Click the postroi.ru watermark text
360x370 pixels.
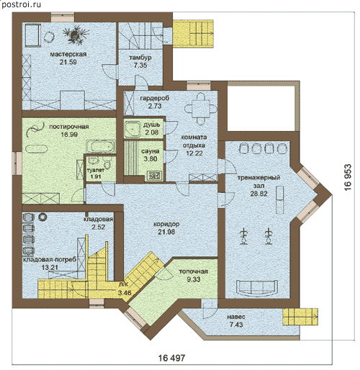21,4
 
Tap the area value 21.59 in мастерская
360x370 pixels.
68,62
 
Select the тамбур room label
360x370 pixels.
140,58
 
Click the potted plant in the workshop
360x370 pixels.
76,35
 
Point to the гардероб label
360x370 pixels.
155,98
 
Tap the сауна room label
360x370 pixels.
150,151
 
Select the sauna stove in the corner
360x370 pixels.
153,176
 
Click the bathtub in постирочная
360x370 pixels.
101,146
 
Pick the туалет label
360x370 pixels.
96,170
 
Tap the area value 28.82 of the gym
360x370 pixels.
258,194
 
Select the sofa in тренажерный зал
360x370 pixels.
257,288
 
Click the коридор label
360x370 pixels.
166,224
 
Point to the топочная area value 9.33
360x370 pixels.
194,279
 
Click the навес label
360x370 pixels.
236,317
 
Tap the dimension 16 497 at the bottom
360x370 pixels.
172,358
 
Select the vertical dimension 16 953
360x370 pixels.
348,177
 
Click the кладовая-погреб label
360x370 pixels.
50,260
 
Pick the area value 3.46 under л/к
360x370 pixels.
125,293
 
